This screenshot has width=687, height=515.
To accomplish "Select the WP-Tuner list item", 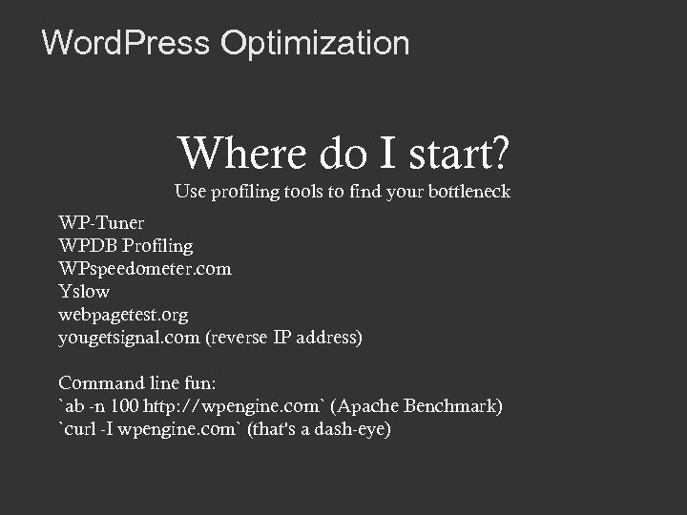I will point(101,223).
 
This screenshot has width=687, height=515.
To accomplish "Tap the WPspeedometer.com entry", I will point(144,269).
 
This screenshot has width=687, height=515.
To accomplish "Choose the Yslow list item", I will point(84,292).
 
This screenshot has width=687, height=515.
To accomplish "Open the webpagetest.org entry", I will point(123,315).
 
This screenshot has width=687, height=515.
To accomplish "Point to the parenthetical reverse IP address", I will point(283,338).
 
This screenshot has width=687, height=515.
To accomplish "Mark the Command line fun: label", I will point(137,383).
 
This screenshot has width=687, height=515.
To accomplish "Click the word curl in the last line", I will point(82,429).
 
